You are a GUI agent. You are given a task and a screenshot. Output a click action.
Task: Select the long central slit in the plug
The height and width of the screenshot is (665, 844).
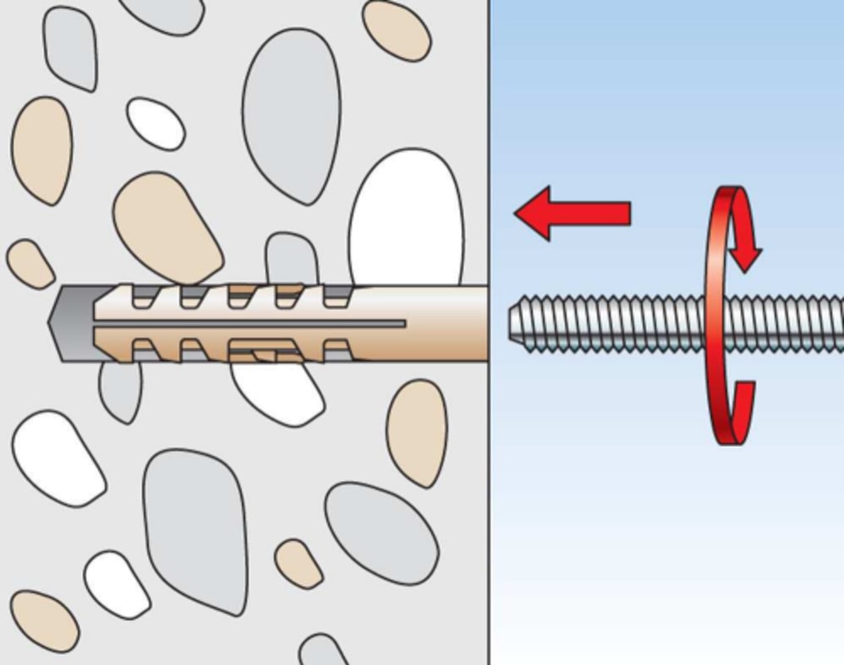click(x=249, y=323)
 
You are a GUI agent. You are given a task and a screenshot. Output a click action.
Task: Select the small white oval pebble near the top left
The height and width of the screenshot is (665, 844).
click(x=155, y=123)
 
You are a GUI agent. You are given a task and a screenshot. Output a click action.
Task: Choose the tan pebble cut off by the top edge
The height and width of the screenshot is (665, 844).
click(x=397, y=29)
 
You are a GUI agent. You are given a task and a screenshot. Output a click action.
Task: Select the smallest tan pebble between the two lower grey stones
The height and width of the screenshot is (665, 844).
click(x=299, y=564)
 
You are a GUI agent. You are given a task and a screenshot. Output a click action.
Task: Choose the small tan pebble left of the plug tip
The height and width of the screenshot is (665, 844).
click(x=30, y=264)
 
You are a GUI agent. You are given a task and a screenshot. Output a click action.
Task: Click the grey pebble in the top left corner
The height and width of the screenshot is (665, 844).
click(x=70, y=46)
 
